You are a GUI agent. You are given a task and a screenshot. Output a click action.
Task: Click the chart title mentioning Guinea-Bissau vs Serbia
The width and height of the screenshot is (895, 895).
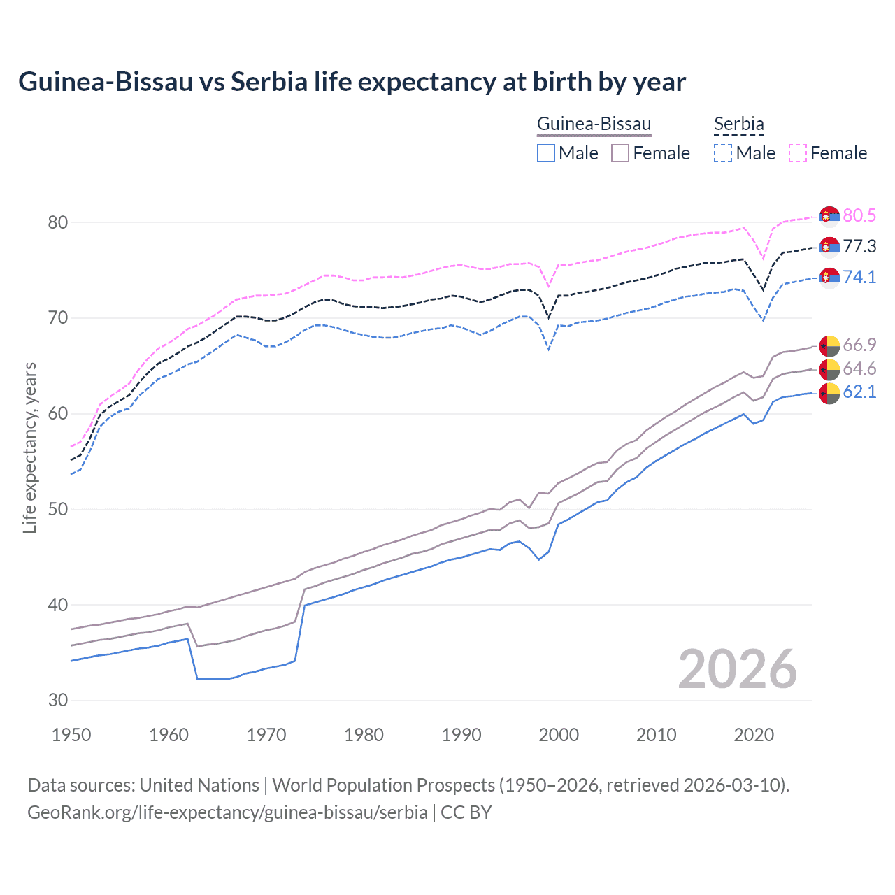[352, 82]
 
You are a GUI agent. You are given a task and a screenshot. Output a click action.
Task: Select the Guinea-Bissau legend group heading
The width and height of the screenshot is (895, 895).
[594, 124]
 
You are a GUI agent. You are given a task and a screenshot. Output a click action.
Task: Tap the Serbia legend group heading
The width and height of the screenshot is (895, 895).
[738, 124]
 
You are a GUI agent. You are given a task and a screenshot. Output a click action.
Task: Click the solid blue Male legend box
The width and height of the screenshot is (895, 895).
[546, 153]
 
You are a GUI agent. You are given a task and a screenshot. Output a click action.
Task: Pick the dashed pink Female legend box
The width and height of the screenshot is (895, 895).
[798, 153]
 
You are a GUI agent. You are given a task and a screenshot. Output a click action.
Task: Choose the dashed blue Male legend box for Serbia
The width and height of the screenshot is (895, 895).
[723, 153]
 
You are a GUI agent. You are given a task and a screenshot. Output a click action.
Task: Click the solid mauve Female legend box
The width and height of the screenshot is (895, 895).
[621, 153]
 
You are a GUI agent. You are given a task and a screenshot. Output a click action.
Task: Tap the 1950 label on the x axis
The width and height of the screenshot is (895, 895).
[71, 735]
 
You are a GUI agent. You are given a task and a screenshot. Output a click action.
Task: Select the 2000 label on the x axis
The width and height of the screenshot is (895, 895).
[559, 735]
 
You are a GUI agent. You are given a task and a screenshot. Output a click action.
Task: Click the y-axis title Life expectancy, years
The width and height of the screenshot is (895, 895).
[29, 447]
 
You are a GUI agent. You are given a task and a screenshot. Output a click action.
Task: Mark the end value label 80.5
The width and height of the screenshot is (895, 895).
[859, 215]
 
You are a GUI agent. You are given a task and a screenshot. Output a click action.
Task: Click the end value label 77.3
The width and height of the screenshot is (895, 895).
[859, 246]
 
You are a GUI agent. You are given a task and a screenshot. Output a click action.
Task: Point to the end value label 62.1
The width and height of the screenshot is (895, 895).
[859, 392]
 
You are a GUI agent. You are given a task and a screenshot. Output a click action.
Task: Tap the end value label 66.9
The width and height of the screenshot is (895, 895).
[859, 345]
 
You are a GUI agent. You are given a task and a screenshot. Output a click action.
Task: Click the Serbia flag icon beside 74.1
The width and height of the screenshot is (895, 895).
[829, 278]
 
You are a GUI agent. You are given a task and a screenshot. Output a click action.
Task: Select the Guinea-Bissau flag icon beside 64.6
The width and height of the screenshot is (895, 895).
[829, 369]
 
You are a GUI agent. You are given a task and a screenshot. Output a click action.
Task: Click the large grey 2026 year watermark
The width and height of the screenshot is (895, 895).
[737, 669]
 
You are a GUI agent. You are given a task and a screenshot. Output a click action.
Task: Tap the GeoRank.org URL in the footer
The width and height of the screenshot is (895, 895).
[227, 812]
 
